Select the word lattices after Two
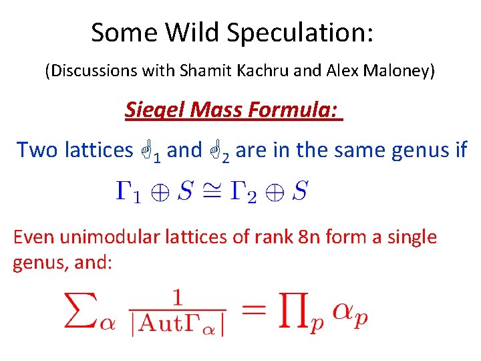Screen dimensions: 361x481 click(99, 150)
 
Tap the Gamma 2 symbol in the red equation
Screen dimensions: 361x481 click(242, 193)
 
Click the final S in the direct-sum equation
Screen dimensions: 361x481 click(299, 192)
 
